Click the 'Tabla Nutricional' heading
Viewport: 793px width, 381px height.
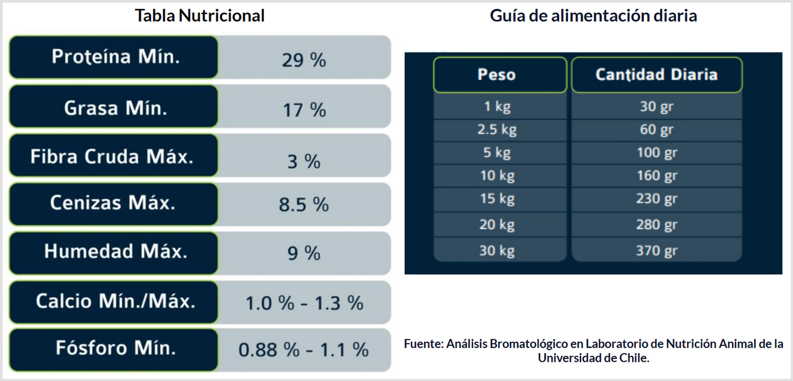click(x=200, y=16)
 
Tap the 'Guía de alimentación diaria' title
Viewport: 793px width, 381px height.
click(x=593, y=16)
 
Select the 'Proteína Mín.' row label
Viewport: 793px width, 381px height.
click(x=115, y=57)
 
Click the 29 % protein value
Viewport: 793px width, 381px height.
click(x=303, y=60)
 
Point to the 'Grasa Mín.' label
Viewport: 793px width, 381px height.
click(x=115, y=108)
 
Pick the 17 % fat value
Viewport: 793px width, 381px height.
click(x=303, y=110)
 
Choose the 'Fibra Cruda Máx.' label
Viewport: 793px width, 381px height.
click(x=112, y=157)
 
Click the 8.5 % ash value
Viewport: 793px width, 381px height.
click(x=303, y=204)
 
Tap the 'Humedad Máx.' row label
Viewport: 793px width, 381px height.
click(x=116, y=252)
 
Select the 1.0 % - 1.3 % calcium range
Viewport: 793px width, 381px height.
click(x=303, y=303)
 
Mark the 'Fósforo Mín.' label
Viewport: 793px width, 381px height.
click(x=115, y=348)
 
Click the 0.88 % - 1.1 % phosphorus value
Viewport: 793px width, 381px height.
click(x=303, y=350)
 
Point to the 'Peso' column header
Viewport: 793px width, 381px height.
click(x=496, y=75)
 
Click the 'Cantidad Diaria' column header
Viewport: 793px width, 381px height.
click(x=656, y=75)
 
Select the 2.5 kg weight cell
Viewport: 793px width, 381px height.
click(x=497, y=130)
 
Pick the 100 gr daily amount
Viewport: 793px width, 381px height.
click(x=656, y=152)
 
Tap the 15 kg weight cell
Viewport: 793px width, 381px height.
click(x=497, y=198)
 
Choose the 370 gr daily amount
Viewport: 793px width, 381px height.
click(x=656, y=251)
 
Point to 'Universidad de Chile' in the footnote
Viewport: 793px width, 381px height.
click(x=593, y=358)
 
